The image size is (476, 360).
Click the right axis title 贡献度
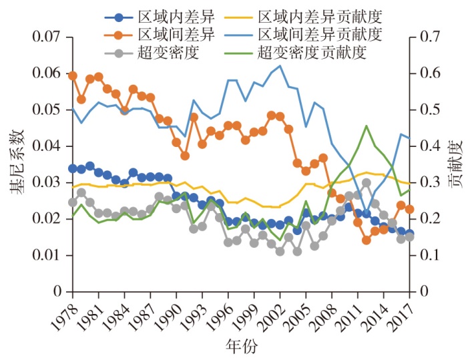457,164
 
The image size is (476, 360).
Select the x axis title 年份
239,347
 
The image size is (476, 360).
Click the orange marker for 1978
73,75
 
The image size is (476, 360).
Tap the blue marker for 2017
410,233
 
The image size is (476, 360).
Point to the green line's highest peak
367,126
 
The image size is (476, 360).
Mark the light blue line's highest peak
280,65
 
